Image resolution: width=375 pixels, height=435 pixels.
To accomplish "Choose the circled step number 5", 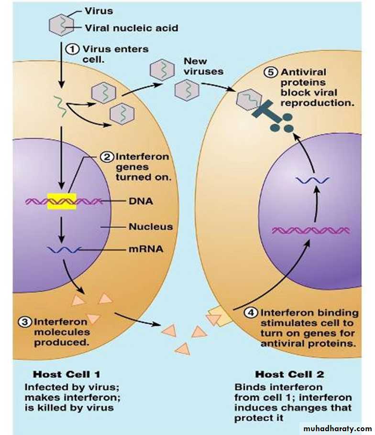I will tap(271, 73).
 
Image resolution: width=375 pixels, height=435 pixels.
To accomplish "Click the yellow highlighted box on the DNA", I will tap(61, 201).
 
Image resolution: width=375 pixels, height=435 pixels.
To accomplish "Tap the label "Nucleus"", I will tap(150, 226).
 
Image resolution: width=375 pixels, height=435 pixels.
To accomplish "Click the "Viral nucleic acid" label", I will tap(131, 28).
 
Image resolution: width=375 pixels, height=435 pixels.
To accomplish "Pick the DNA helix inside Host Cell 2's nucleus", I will tap(311, 231).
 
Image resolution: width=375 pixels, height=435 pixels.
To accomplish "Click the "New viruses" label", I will tap(204, 67).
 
